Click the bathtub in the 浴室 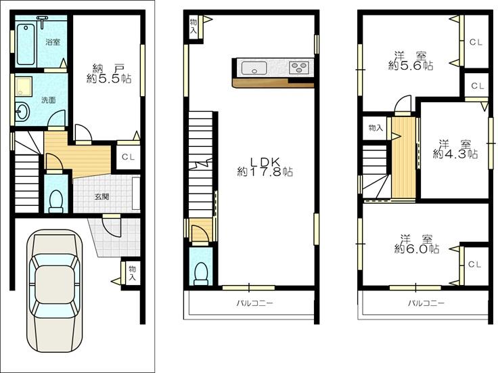pos(26,45)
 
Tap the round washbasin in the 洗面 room pos(22,112)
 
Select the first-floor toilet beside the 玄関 pos(56,201)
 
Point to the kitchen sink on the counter pos(254,68)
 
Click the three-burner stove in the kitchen pos(299,68)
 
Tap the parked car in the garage pos(55,290)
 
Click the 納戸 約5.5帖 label pos(109,74)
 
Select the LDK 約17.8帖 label pos(265,167)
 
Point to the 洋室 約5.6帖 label pos(410,61)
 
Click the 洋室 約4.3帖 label pos(455,149)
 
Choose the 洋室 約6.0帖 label pos(417,244)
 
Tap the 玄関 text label pos(102,197)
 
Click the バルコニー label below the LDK pos(254,303)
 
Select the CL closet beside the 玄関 pos(129,157)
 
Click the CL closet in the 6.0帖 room pos(474,264)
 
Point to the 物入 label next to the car pos(132,273)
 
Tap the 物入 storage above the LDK pos(194,26)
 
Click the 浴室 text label pos(53,42)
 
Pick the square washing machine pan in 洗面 pos(24,86)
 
